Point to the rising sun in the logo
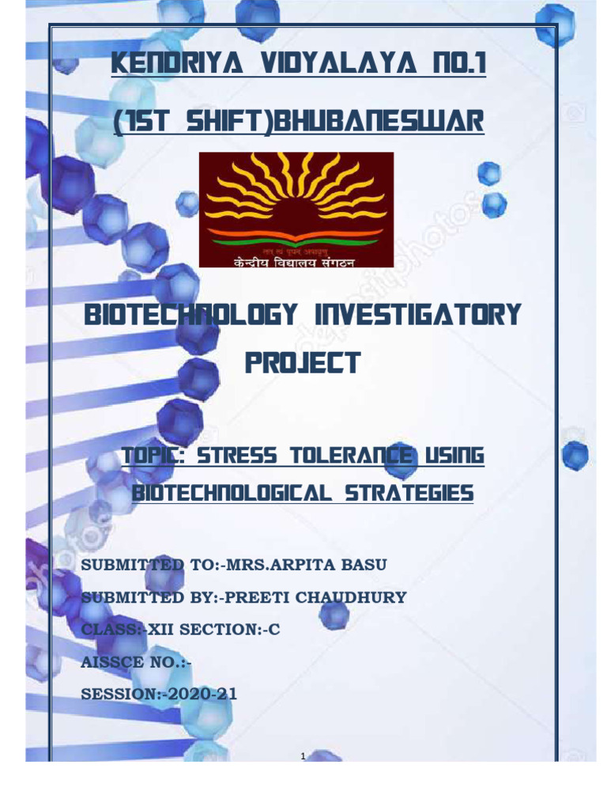(296, 199)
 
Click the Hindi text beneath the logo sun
(295, 262)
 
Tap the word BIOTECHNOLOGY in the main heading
(189, 316)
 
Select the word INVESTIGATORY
(418, 316)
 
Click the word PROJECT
(302, 363)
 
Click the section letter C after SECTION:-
(276, 630)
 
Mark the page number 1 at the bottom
(303, 757)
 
